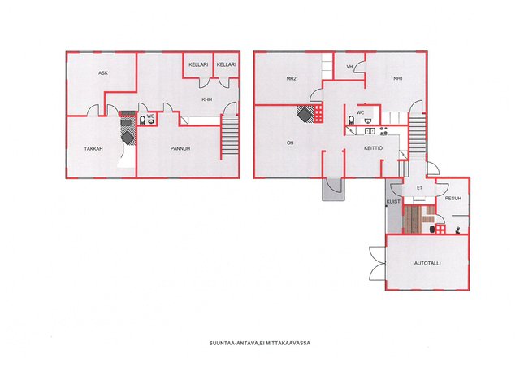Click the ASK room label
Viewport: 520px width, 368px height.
103,72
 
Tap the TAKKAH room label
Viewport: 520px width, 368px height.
93,149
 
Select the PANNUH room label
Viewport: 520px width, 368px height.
180,148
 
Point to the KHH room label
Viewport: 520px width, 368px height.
207,99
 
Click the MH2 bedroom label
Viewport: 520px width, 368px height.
291,79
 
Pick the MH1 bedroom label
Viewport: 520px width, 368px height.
398,78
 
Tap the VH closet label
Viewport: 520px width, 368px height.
349,67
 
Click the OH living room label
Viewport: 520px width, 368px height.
290,142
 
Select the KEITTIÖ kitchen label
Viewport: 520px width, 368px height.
374,148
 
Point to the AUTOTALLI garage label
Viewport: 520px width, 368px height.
427,263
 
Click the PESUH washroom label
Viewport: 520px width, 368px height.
453,198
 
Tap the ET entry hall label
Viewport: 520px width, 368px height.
420,188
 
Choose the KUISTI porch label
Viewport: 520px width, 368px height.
394,202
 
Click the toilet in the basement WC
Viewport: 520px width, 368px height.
143,120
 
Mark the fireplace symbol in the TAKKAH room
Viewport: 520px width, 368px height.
128,137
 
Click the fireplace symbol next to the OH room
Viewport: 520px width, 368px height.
305,115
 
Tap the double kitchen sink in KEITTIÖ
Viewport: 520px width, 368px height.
370,131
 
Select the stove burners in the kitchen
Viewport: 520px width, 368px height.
383,130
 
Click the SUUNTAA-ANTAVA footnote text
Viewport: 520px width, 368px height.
260,343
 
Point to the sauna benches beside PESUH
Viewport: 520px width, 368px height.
416,219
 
